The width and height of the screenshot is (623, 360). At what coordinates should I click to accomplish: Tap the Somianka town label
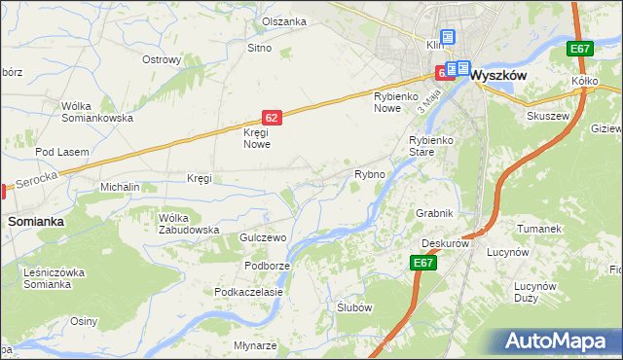click(x=36, y=221)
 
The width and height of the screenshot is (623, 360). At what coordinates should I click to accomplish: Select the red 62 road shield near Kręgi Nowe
click(x=272, y=117)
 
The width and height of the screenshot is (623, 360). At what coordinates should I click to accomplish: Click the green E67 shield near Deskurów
click(x=422, y=263)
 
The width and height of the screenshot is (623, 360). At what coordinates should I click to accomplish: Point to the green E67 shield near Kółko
click(x=580, y=49)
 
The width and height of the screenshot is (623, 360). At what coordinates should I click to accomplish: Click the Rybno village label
click(x=370, y=174)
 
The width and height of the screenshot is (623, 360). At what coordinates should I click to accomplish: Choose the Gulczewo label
click(x=261, y=237)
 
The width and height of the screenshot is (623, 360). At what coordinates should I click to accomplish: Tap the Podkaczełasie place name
click(x=248, y=292)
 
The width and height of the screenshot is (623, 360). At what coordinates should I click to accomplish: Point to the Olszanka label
click(x=283, y=21)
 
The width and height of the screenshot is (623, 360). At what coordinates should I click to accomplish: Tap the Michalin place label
click(x=121, y=186)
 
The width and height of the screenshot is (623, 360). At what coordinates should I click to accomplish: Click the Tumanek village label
click(x=540, y=229)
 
